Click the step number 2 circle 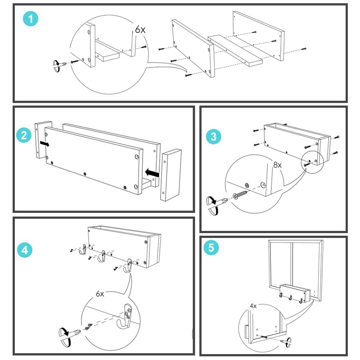tap(23, 135)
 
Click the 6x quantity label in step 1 tap(140, 30)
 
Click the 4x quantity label tap(254, 306)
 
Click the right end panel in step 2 tap(171, 175)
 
